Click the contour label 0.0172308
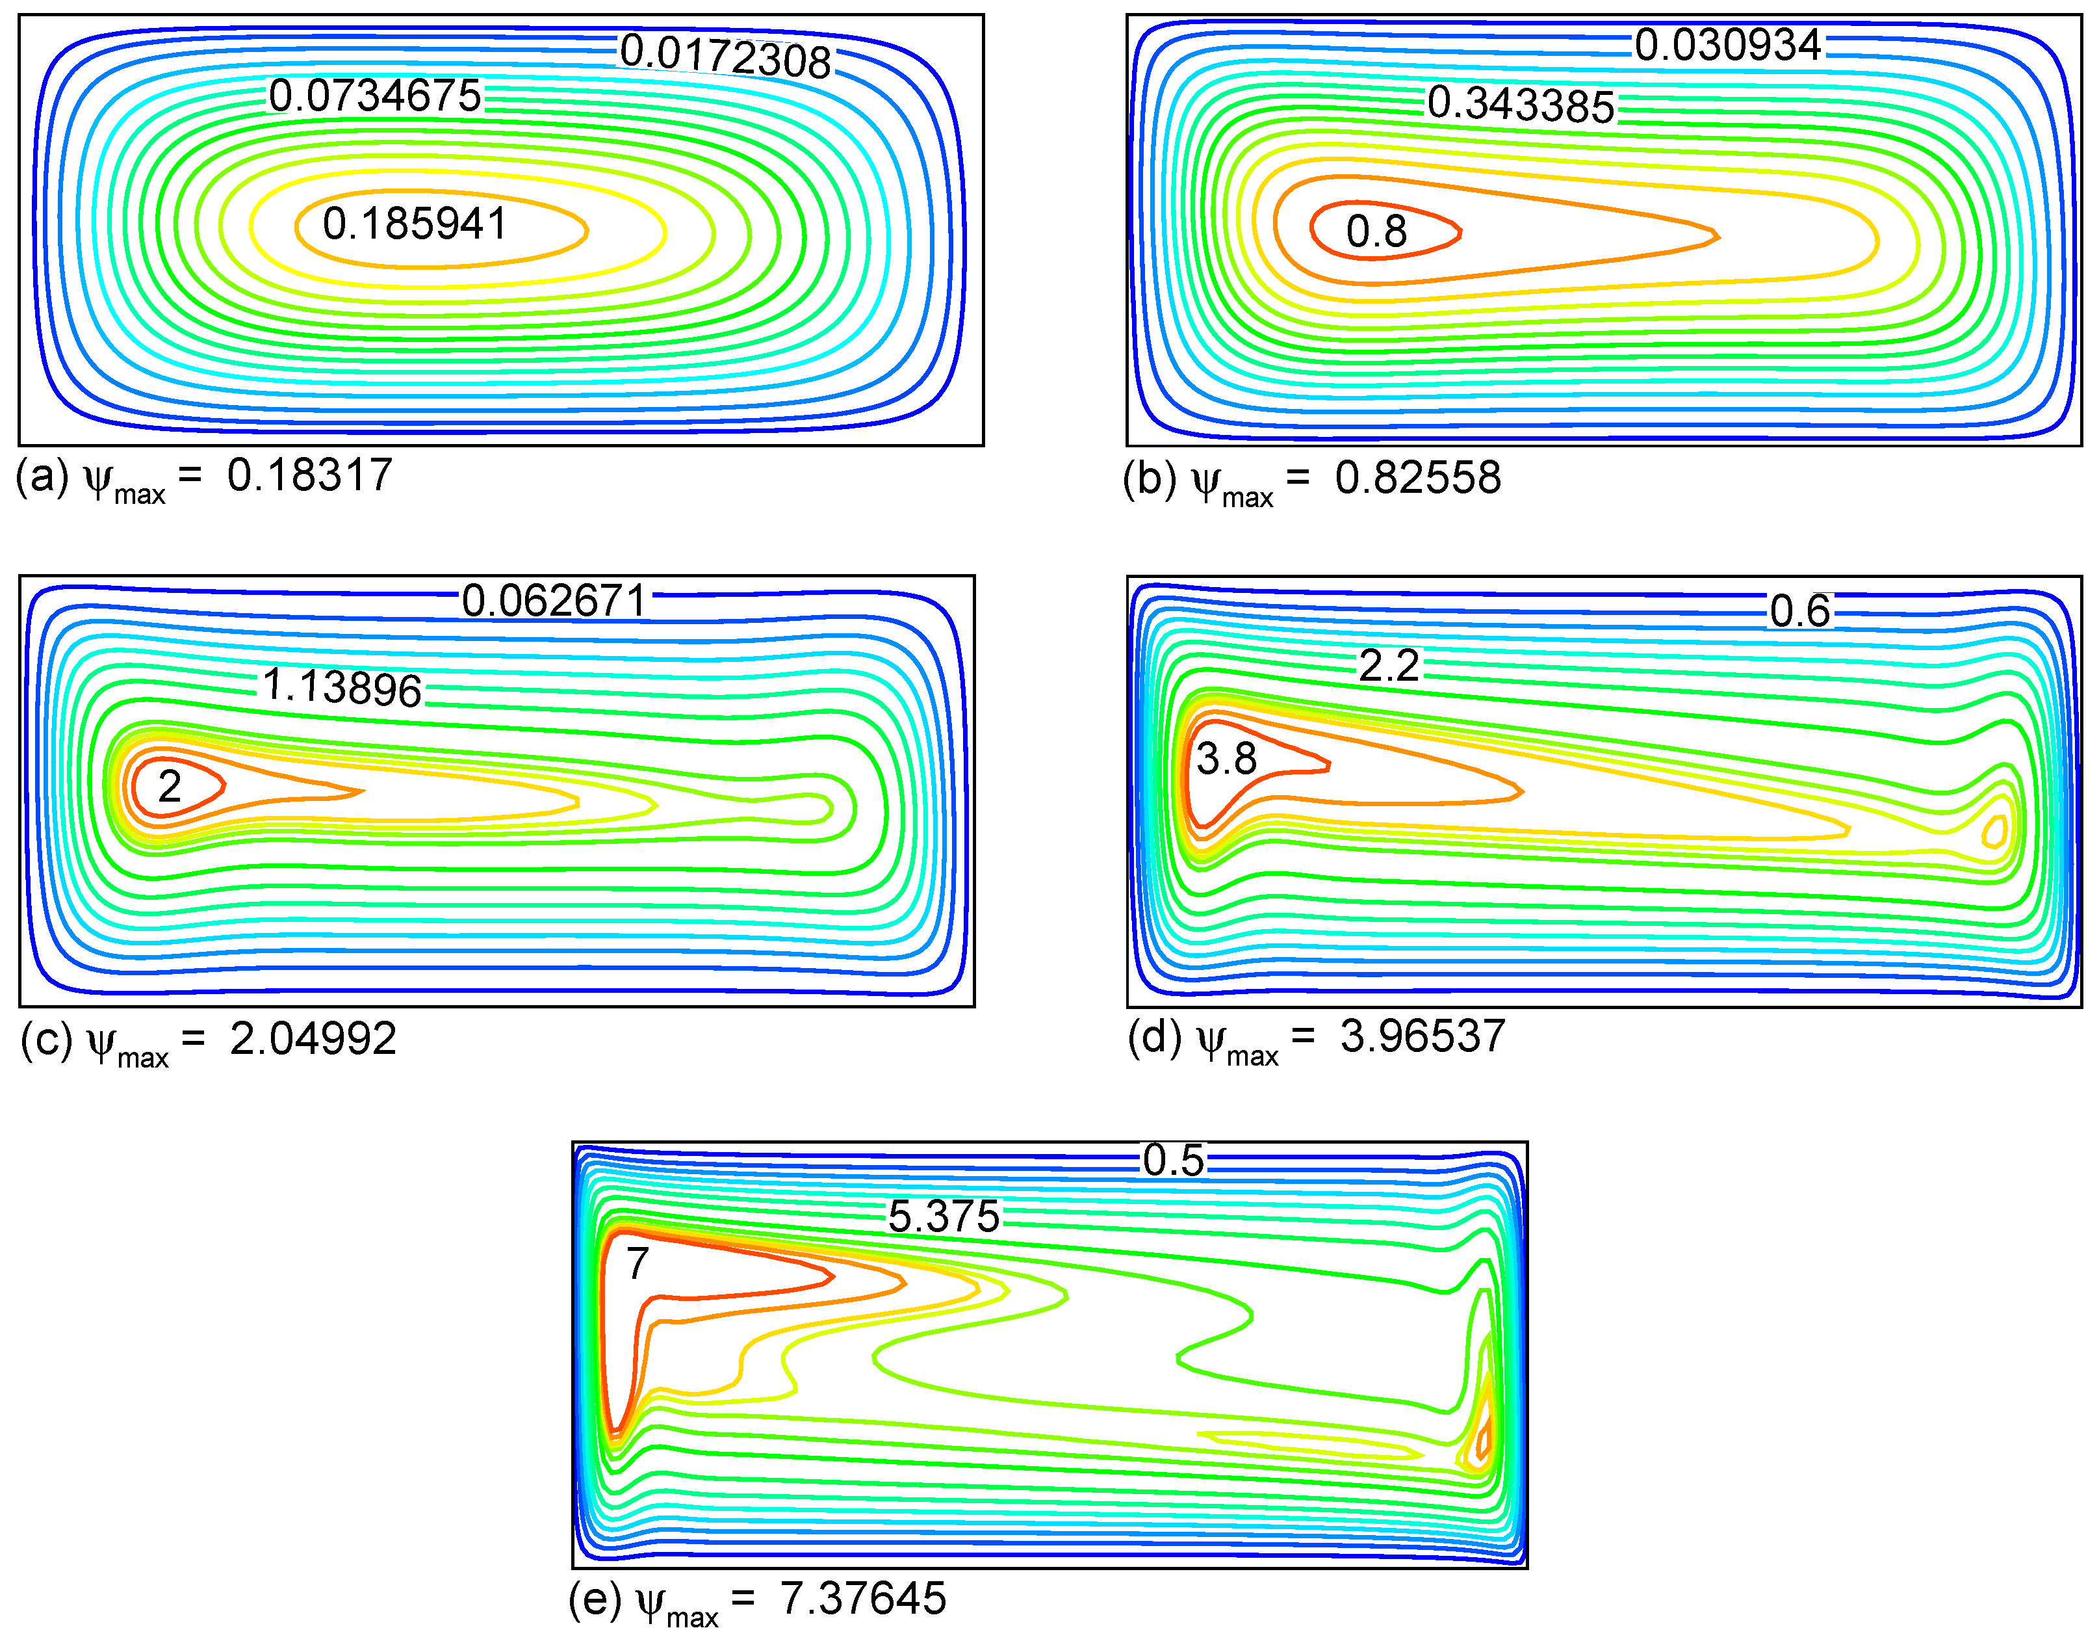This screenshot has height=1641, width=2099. tap(726, 56)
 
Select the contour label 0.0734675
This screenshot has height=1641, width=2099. tap(375, 96)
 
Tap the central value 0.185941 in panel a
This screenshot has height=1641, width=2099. tap(415, 224)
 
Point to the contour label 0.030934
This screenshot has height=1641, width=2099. tap(1728, 45)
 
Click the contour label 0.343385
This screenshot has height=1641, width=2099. tap(1521, 104)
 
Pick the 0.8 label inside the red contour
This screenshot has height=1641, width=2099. tap(1376, 231)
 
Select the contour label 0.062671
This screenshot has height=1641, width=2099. tap(554, 601)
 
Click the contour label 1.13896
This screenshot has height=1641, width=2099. tap(342, 687)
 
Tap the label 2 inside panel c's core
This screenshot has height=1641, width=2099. tap(169, 787)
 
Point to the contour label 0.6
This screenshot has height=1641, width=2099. tap(1800, 611)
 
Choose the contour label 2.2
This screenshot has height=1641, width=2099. tap(1389, 665)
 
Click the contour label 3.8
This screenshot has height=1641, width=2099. tap(1226, 759)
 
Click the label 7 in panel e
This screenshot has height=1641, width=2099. tap(637, 1263)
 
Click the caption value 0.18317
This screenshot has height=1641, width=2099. tap(309, 475)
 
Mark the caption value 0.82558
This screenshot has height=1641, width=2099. tap(1417, 478)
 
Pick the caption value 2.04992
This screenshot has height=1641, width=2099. tap(313, 1039)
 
